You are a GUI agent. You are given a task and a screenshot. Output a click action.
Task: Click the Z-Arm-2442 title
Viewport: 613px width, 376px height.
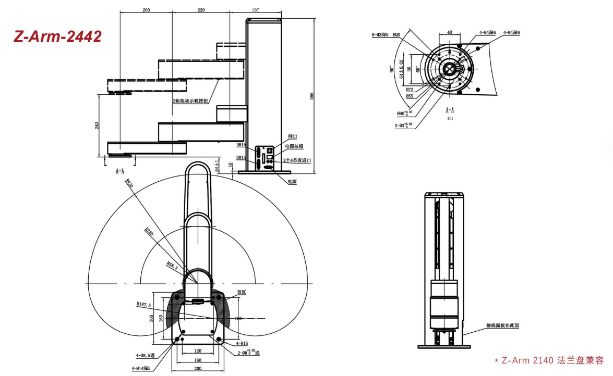tap(57, 36)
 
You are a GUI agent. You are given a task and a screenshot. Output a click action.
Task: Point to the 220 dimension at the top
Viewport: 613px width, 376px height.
tap(201, 9)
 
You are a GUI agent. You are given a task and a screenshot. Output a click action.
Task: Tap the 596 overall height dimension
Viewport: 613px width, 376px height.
tap(312, 96)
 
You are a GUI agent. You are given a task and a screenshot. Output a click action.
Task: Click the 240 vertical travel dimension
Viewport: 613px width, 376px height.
tap(97, 126)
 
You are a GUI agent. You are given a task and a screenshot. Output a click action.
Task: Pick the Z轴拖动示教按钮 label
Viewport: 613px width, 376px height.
tap(190, 101)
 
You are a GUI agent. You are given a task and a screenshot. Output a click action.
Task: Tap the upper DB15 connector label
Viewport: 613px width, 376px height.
tap(241, 145)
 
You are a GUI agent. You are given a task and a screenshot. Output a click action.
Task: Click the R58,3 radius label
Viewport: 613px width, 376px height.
tap(172, 265)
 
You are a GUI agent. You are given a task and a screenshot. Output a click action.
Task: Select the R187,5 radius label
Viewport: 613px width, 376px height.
tap(144, 305)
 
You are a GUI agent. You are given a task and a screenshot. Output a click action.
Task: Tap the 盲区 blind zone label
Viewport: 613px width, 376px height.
tap(241, 292)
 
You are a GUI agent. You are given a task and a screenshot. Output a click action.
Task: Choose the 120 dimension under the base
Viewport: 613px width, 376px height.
tap(198, 351)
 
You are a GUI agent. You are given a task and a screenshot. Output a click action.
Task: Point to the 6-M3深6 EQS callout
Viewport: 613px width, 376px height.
tap(386, 35)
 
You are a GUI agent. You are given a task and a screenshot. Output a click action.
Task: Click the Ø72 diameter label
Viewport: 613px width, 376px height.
tap(410, 90)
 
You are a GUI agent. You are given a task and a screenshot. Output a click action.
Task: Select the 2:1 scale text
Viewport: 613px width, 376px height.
tap(450, 119)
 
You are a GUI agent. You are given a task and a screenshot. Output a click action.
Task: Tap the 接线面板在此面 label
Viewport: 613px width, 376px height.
tap(502, 325)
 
